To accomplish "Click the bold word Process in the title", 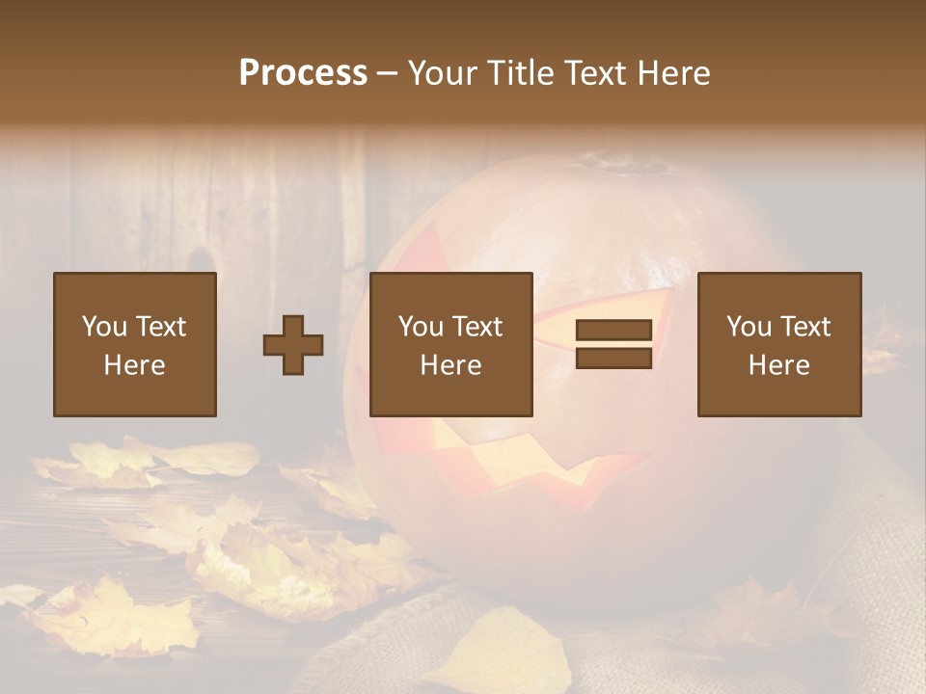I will tap(303, 73).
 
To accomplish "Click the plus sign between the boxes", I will tap(293, 345).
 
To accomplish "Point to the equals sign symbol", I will tap(613, 344).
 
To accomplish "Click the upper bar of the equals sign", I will tap(613, 331).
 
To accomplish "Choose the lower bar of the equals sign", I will tap(613, 359).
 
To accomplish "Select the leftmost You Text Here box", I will tap(134, 344).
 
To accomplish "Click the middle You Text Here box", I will tap(450, 344).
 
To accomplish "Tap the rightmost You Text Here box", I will tap(778, 344).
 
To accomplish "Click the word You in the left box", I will tap(104, 327).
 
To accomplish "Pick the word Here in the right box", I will tap(778, 365).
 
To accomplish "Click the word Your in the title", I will tap(445, 73).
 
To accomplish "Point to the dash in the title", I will tap(388, 73).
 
